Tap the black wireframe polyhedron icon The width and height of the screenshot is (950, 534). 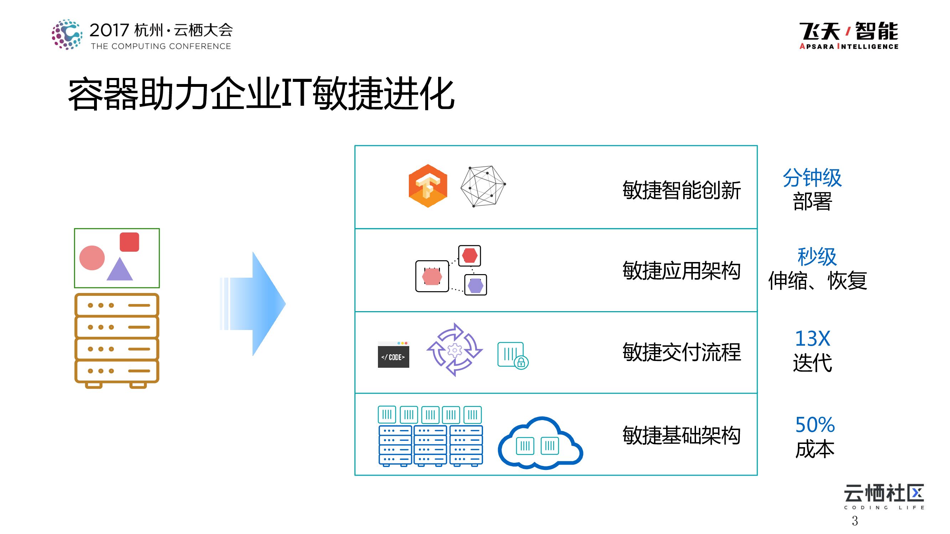[x=483, y=186]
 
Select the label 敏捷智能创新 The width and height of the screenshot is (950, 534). [x=681, y=190]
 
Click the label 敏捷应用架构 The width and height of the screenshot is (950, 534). [x=681, y=271]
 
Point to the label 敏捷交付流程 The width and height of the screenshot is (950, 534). [x=681, y=352]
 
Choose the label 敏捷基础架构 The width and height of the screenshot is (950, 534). [x=681, y=435]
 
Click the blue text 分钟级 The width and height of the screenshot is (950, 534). [x=812, y=178]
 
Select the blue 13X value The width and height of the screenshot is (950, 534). [x=812, y=338]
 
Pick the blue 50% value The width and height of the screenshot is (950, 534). [x=815, y=425]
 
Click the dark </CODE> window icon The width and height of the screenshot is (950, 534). [x=393, y=355]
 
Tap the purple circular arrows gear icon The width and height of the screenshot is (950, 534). [x=455, y=350]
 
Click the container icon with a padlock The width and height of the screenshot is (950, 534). [x=512, y=355]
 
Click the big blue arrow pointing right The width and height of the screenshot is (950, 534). [x=258, y=304]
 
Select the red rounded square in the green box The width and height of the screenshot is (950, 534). [x=129, y=242]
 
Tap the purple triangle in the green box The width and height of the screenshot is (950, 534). [x=119, y=269]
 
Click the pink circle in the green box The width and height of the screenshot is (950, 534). [x=92, y=258]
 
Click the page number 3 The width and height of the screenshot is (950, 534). [x=855, y=521]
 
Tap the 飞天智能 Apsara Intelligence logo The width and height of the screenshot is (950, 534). [x=848, y=35]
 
